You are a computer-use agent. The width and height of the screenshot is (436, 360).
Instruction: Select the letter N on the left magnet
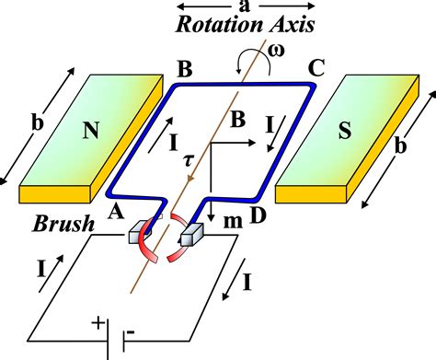pyautogui.click(x=91, y=132)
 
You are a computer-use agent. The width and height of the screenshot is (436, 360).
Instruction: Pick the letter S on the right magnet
pyautogui.click(x=345, y=132)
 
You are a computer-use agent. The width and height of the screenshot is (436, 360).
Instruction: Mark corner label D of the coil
pyautogui.click(x=260, y=215)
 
